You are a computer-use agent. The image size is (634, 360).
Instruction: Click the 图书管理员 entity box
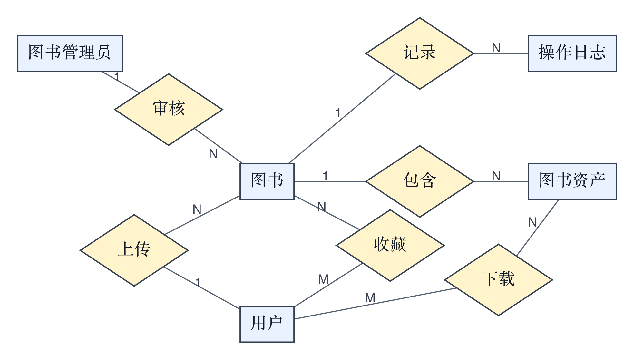(x=70, y=53)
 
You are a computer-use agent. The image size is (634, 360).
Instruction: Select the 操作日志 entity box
(x=572, y=53)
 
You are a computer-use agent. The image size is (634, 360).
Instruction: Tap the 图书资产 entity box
(x=572, y=181)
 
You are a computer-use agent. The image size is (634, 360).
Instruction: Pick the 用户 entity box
(x=267, y=324)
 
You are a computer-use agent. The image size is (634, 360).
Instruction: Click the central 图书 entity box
(x=267, y=181)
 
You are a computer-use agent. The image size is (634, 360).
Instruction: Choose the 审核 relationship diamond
(x=169, y=110)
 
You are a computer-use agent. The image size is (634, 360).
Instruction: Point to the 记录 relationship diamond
(x=420, y=53)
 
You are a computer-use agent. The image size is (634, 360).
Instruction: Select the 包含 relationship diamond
(x=420, y=181)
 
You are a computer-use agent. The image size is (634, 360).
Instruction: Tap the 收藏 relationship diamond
(x=390, y=245)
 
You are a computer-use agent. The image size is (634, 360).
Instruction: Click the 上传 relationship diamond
(x=134, y=250)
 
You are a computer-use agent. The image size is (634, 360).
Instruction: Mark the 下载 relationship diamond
(x=498, y=280)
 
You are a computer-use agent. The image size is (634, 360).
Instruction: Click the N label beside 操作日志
(x=496, y=48)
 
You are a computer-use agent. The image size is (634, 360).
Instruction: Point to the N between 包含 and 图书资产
(x=496, y=176)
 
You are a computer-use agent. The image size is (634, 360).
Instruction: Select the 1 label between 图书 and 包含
(x=325, y=176)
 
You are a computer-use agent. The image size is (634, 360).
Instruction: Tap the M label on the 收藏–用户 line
(x=323, y=279)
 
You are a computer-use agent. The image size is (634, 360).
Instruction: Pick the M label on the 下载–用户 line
(x=370, y=298)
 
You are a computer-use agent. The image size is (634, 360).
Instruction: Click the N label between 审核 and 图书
(x=213, y=153)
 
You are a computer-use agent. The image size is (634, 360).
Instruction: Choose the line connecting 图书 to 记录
(x=342, y=118)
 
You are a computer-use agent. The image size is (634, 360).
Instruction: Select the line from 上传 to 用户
(x=202, y=287)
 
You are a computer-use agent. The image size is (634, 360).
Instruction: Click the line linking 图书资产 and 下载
(x=538, y=228)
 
